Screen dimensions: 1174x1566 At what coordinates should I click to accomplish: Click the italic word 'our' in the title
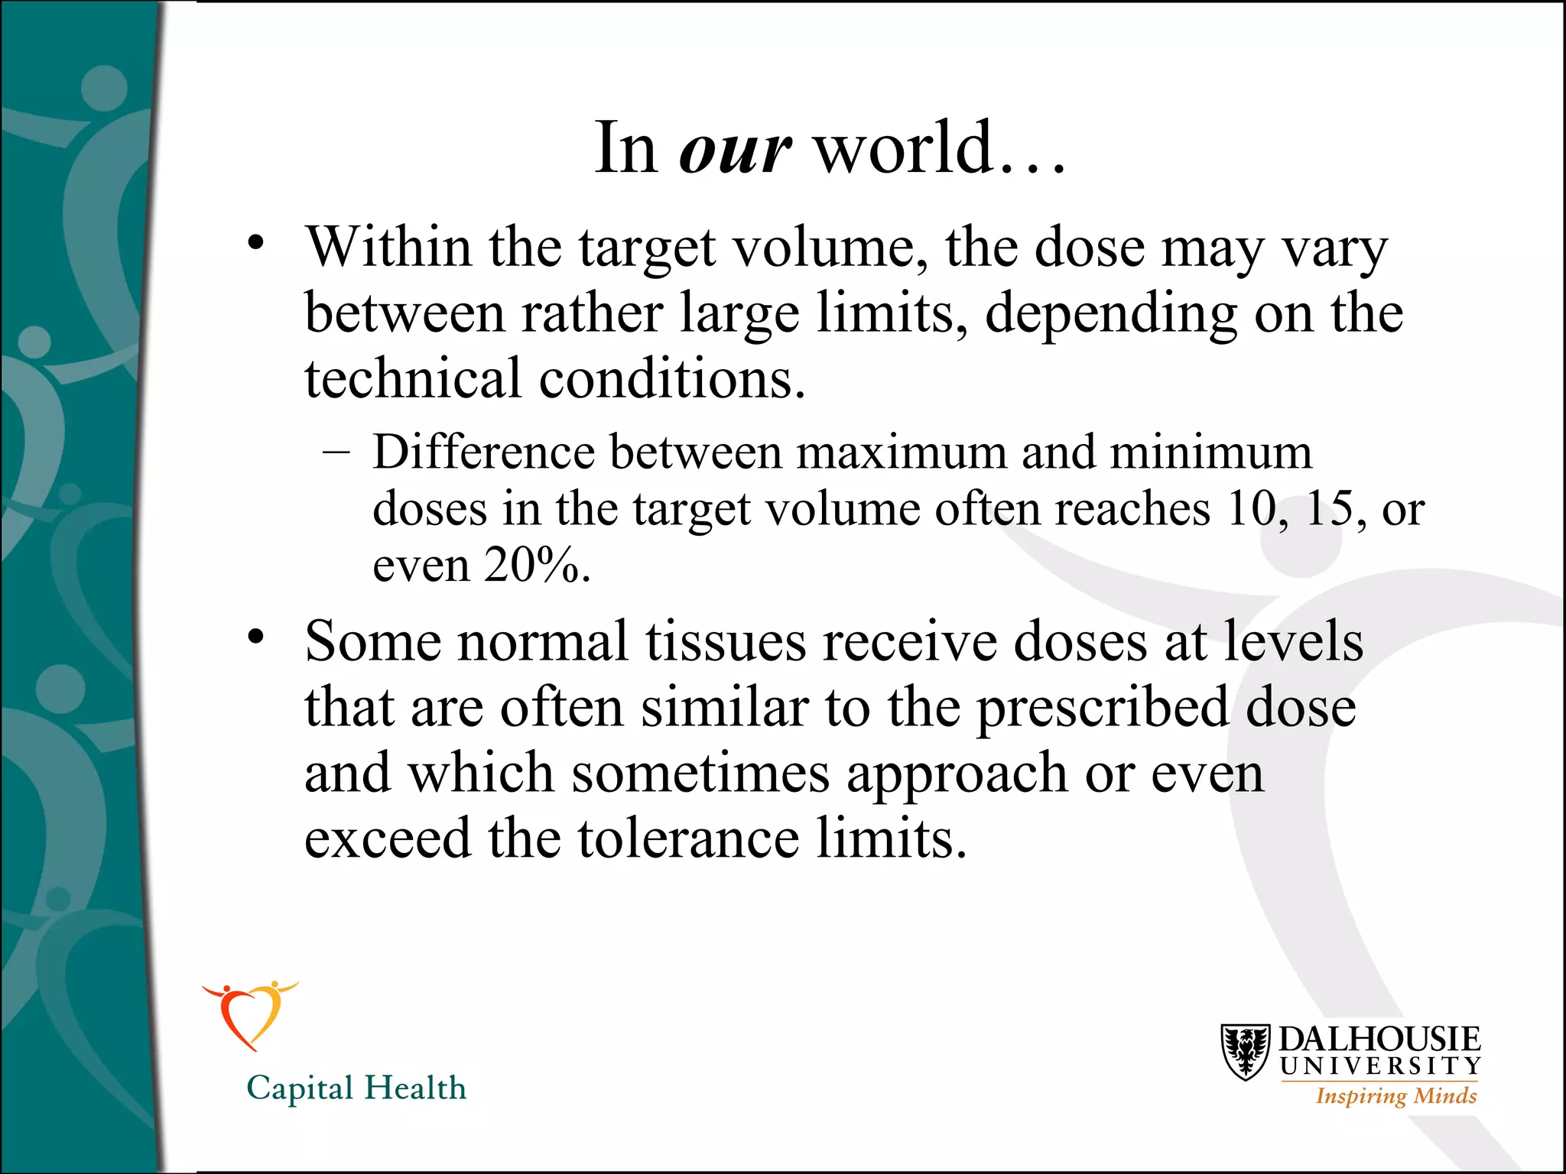tap(734, 149)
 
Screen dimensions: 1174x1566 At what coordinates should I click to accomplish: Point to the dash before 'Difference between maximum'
tap(336, 452)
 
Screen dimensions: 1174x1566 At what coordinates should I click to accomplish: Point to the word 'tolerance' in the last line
tap(688, 839)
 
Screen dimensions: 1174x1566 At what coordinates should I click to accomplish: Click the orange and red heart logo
tap(249, 1013)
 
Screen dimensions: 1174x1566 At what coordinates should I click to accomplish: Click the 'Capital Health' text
tap(356, 1088)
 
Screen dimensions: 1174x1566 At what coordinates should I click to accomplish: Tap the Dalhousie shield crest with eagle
tap(1246, 1052)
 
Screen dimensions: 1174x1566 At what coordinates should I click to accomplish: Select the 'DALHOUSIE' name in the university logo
tap(1379, 1039)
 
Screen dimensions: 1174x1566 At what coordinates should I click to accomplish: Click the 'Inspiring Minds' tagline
tap(1395, 1096)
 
